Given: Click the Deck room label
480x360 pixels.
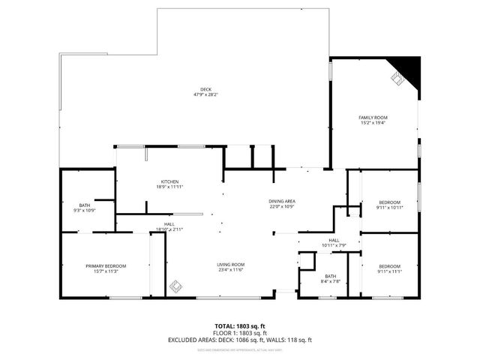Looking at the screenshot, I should tap(205, 88).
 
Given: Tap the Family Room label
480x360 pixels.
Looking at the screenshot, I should tap(372, 117).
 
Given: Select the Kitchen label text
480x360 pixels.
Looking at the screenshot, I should tap(169, 181).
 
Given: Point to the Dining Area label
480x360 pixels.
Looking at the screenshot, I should tap(282, 201).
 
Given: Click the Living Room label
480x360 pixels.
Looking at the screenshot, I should tap(231, 265).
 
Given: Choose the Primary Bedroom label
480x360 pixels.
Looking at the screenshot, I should tap(105, 266).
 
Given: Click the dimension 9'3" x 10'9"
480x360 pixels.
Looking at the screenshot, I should tap(84, 211).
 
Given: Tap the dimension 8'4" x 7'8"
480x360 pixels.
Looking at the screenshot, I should tap(331, 281).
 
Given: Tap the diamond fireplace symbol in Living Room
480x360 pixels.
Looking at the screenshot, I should tap(176, 285).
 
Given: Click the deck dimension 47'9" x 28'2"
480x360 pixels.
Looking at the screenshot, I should tap(205, 94).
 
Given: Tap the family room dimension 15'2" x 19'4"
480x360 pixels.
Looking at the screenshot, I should tap(372, 123).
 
